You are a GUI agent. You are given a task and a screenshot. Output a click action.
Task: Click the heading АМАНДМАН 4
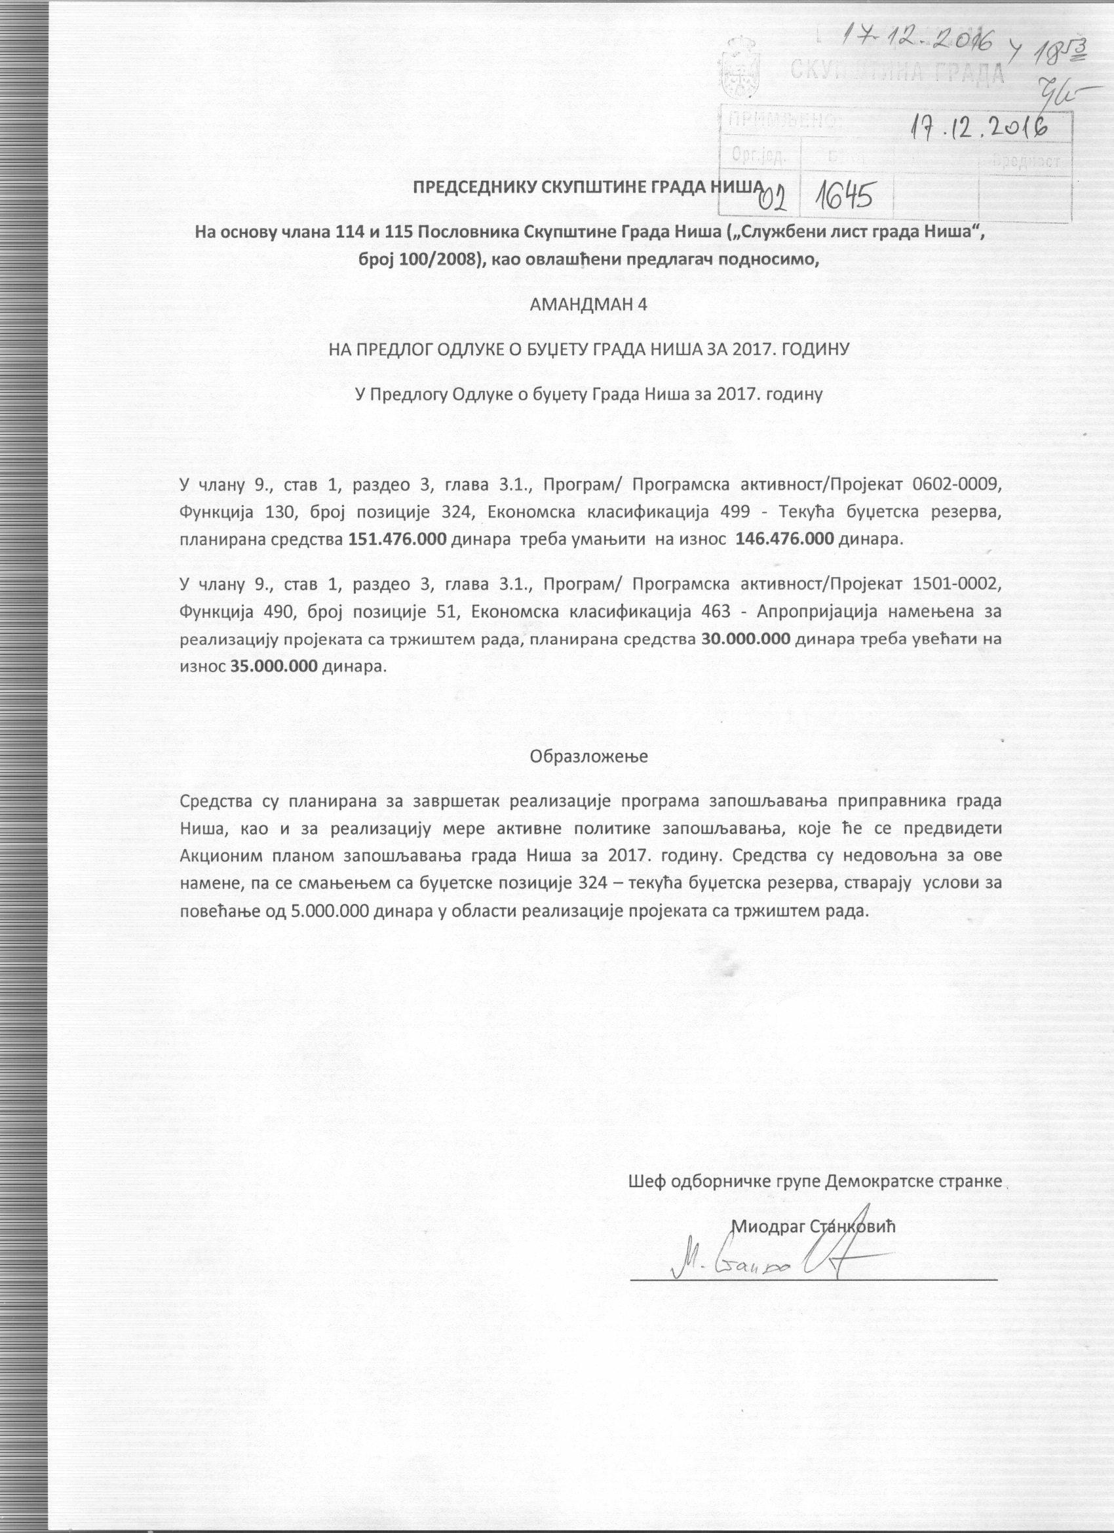(x=588, y=304)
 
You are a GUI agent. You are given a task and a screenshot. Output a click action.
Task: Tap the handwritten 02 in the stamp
(x=776, y=197)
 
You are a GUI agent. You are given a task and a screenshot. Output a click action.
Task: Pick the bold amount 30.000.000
(x=746, y=639)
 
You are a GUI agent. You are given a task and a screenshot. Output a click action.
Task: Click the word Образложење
(x=588, y=757)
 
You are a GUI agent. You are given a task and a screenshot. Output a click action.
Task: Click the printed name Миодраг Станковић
(x=813, y=1227)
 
